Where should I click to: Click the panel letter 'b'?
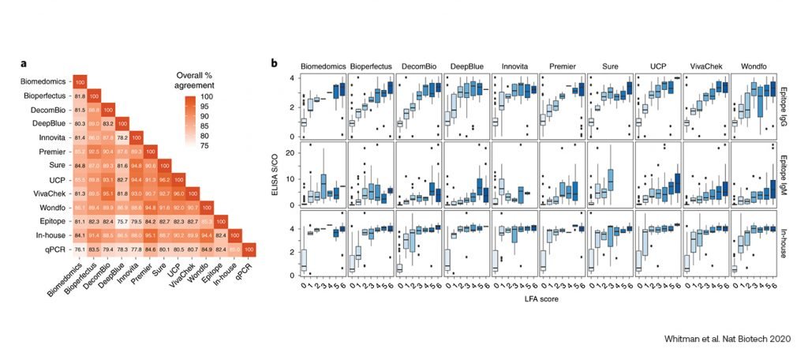click(x=274, y=62)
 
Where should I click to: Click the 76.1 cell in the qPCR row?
click(x=79, y=249)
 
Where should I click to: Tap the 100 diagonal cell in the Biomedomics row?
click(x=79, y=80)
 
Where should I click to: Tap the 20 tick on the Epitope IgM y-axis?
click(x=290, y=152)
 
